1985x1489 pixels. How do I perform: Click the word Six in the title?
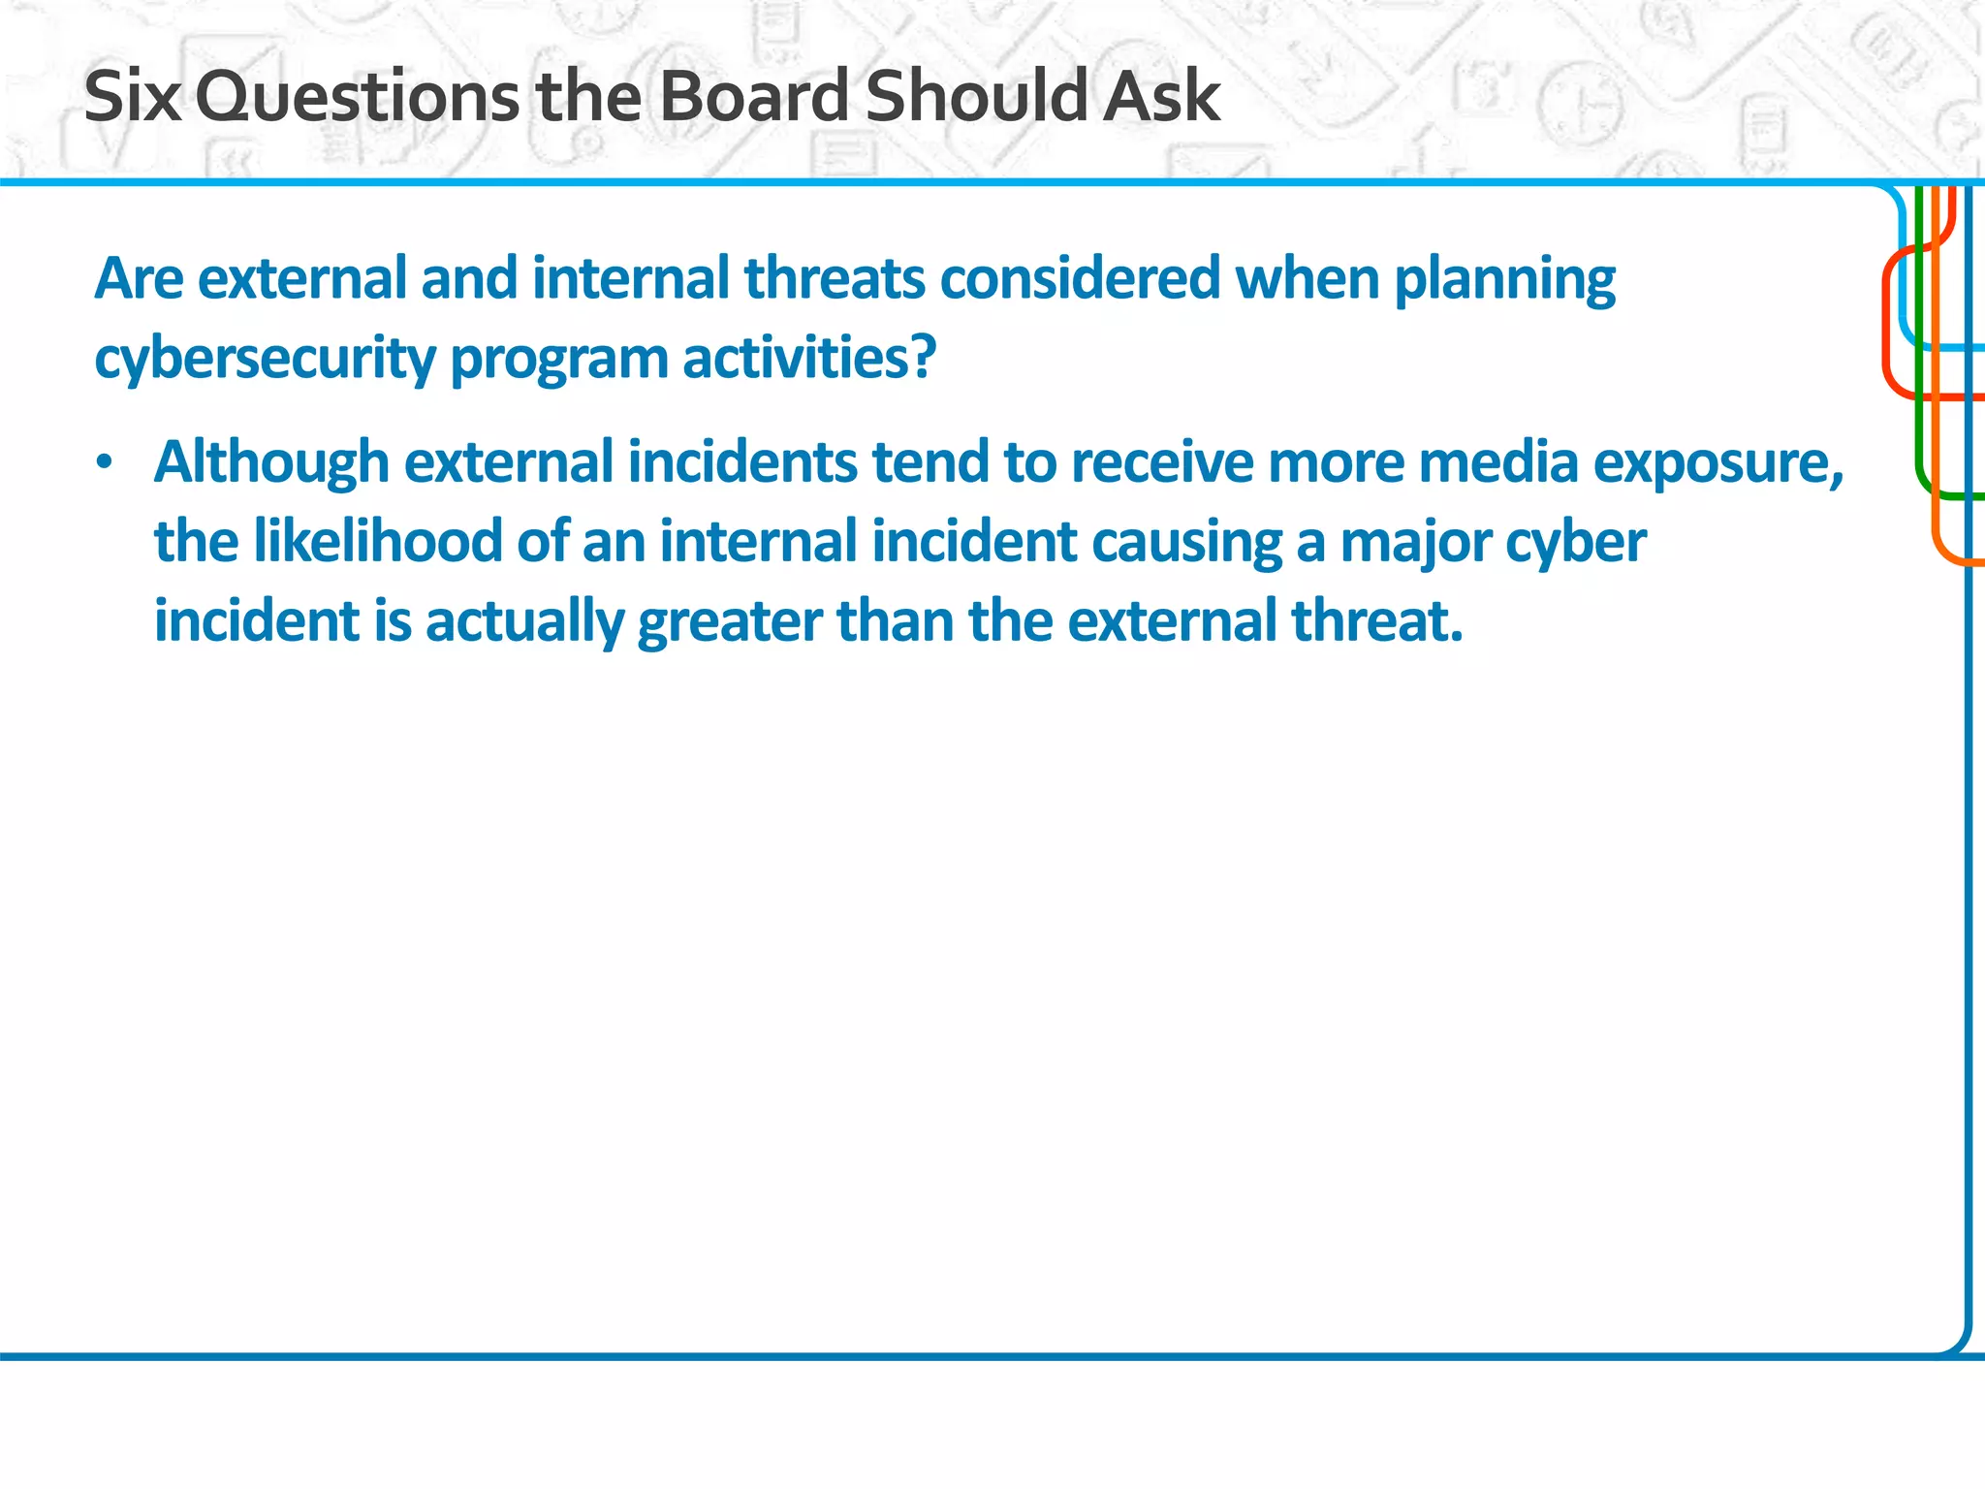[x=133, y=97]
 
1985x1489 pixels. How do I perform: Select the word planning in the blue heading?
[x=1504, y=281]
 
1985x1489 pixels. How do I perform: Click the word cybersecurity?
[x=266, y=360]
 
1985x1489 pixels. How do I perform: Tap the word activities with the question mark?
[x=809, y=358]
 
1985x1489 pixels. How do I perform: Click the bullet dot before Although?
[x=105, y=462]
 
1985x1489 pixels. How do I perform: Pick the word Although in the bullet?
[x=271, y=462]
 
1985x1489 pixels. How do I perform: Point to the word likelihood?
[x=377, y=541]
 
